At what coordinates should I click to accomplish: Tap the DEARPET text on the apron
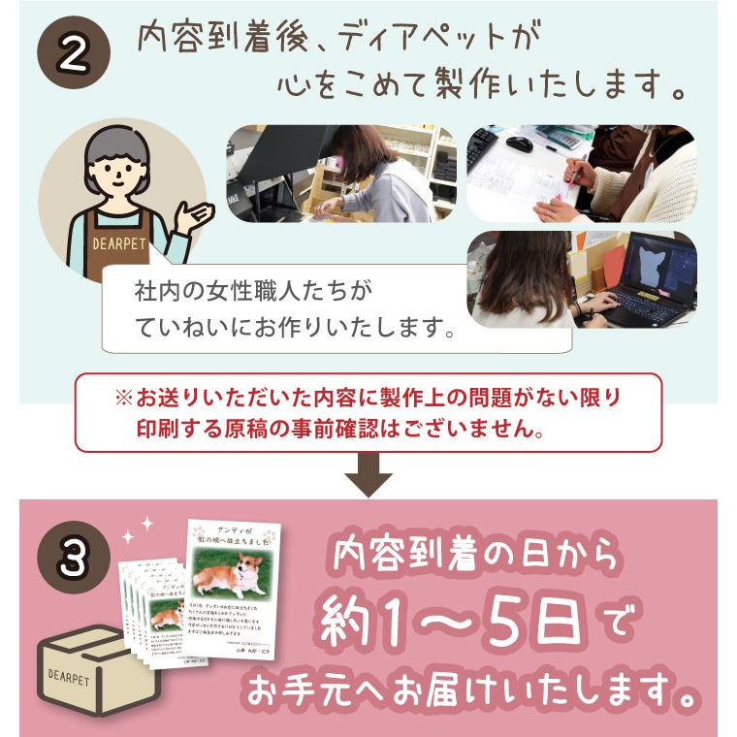point(119,244)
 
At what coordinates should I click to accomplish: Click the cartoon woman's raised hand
point(194,215)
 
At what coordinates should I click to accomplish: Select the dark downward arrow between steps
point(368,476)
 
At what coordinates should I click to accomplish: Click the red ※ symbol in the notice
point(123,399)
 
